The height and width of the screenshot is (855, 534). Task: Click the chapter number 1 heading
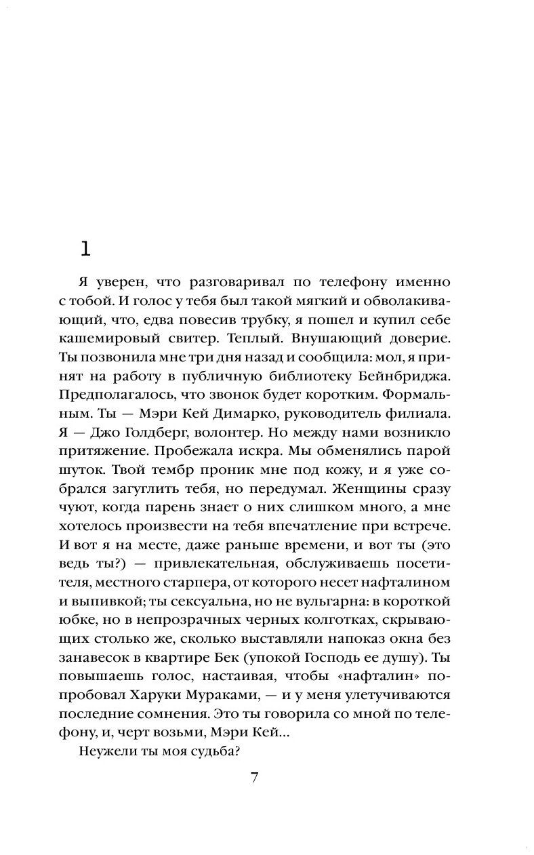tap(85, 249)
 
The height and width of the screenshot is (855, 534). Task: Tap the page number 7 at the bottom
tap(255, 777)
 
